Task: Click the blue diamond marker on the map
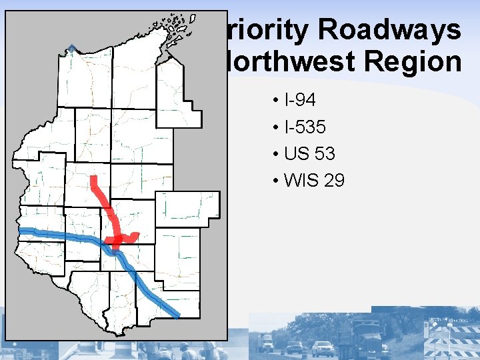point(71,48)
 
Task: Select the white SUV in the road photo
point(323,348)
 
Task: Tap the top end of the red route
point(94,179)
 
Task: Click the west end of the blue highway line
point(22,231)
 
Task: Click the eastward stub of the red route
point(133,236)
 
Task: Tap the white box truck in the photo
point(267,342)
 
